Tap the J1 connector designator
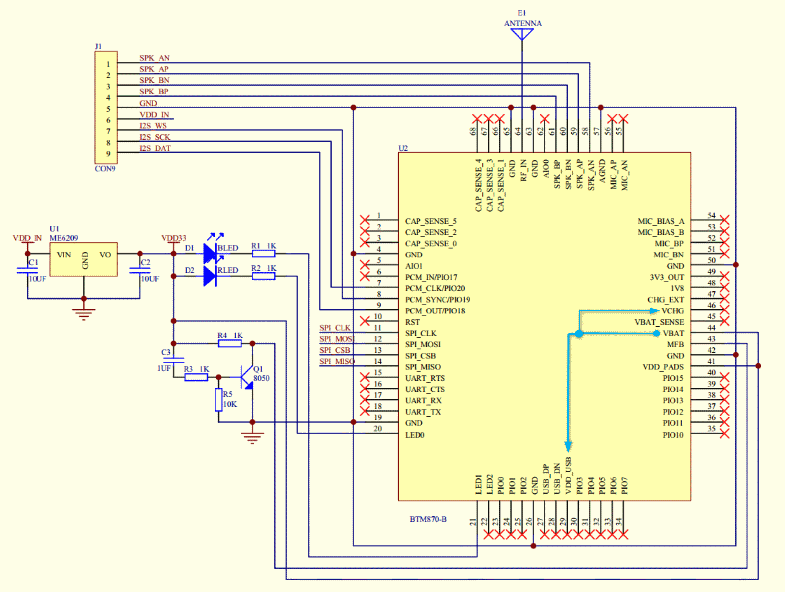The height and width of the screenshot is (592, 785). pyautogui.click(x=98, y=46)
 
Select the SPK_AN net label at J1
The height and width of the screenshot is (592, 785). pyautogui.click(x=154, y=58)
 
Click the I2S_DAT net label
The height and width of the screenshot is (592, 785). pyautogui.click(x=155, y=148)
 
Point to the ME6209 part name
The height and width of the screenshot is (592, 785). pyautogui.click(x=64, y=238)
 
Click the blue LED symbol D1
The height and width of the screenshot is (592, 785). pyautogui.click(x=210, y=253)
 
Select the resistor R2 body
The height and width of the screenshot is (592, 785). pyautogui.click(x=263, y=276)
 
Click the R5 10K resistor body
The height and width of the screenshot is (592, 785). pyautogui.click(x=218, y=400)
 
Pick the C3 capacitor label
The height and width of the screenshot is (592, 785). pyautogui.click(x=166, y=352)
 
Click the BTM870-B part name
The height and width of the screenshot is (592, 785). pyautogui.click(x=428, y=519)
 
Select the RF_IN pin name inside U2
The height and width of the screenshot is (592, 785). pyautogui.click(x=523, y=171)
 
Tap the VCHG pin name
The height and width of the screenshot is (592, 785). pyautogui.click(x=672, y=311)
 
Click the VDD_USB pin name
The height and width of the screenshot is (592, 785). pyautogui.click(x=568, y=475)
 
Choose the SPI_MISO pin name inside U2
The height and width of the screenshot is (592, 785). pyautogui.click(x=423, y=367)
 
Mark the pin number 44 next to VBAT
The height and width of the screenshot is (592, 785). pyautogui.click(x=711, y=328)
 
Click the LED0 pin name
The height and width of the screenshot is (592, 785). pyautogui.click(x=415, y=435)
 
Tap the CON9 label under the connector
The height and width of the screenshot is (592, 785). pyautogui.click(x=105, y=169)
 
